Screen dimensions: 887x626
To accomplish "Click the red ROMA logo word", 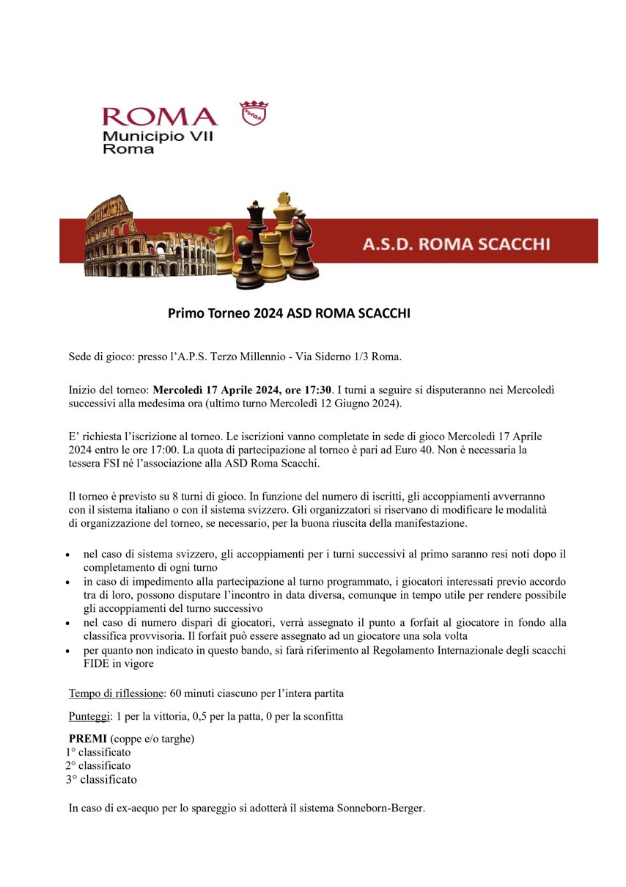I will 160,117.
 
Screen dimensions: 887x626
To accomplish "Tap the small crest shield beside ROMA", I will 254,113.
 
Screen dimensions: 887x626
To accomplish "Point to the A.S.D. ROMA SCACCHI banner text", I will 456,244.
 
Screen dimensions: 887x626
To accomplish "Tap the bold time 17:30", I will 317,390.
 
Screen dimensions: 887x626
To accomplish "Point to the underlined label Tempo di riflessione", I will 116,693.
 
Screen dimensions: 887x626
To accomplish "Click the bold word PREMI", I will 88,738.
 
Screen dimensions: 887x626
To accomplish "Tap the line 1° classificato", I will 98,752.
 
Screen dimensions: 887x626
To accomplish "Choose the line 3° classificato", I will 101,779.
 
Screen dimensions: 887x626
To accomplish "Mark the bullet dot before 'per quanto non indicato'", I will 68,651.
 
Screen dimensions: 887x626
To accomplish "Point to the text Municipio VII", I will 158,136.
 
